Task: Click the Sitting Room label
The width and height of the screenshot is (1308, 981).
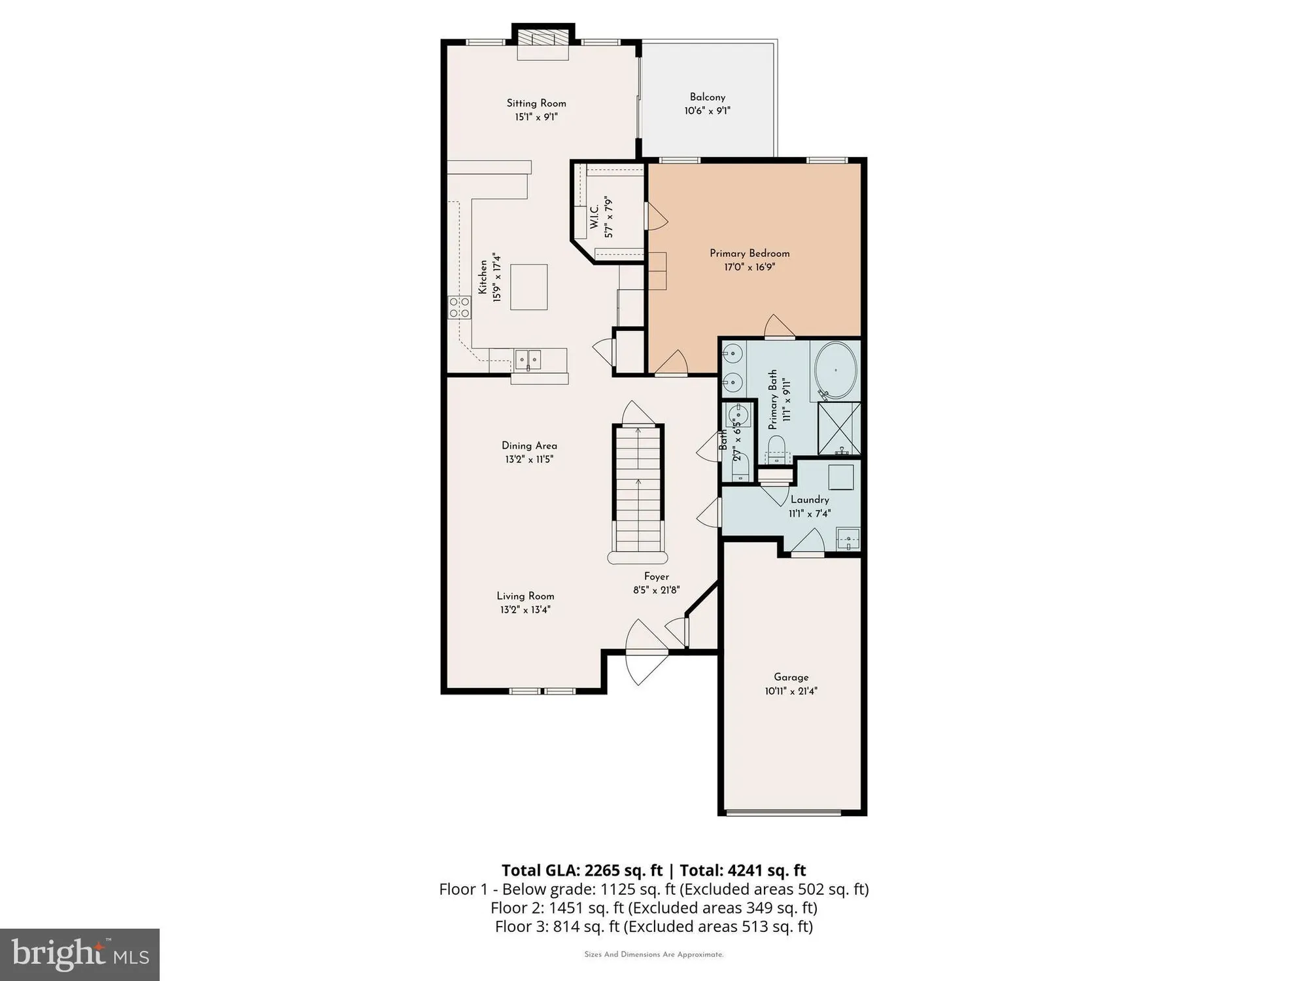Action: pyautogui.click(x=536, y=103)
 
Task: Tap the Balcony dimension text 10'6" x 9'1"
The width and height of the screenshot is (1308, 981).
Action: pyautogui.click(x=707, y=111)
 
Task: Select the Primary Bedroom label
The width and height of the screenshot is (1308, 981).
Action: pyautogui.click(x=749, y=253)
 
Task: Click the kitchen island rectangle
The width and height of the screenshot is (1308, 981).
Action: pyautogui.click(x=528, y=286)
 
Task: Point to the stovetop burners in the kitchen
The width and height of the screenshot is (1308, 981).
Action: pyautogui.click(x=459, y=307)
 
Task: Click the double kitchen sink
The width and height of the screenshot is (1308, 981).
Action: pyautogui.click(x=528, y=359)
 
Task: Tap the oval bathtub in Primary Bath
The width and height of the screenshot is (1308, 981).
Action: pyautogui.click(x=835, y=370)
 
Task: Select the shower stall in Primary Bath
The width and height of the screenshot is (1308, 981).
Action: pyautogui.click(x=839, y=428)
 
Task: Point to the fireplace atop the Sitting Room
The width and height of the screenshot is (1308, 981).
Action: pyautogui.click(x=542, y=41)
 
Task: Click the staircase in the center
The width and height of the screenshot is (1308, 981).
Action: pyautogui.click(x=638, y=490)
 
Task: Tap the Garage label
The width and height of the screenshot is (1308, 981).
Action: pyautogui.click(x=791, y=678)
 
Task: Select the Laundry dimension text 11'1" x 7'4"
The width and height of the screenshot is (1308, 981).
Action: pyautogui.click(x=810, y=514)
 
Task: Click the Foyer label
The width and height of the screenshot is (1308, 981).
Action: pyautogui.click(x=656, y=577)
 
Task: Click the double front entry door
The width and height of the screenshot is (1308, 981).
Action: pyautogui.click(x=646, y=652)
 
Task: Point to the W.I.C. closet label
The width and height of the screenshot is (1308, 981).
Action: pyautogui.click(x=594, y=216)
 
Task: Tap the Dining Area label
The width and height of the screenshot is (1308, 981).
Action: pyautogui.click(x=529, y=446)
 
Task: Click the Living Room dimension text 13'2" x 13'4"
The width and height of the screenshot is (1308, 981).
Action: pyautogui.click(x=525, y=610)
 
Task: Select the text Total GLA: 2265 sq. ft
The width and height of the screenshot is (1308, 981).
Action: pyautogui.click(x=582, y=870)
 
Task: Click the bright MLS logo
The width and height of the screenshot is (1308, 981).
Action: pyautogui.click(x=79, y=954)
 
